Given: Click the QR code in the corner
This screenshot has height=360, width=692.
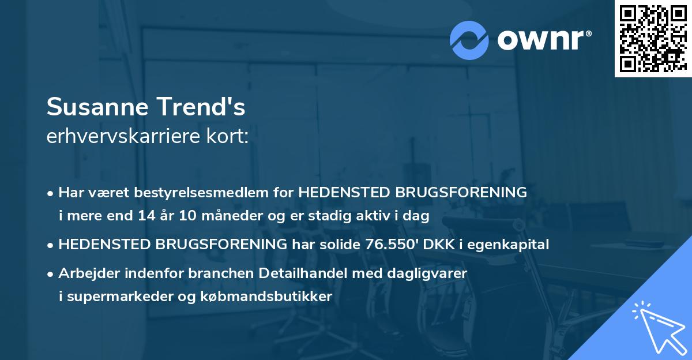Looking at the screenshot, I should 653,39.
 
